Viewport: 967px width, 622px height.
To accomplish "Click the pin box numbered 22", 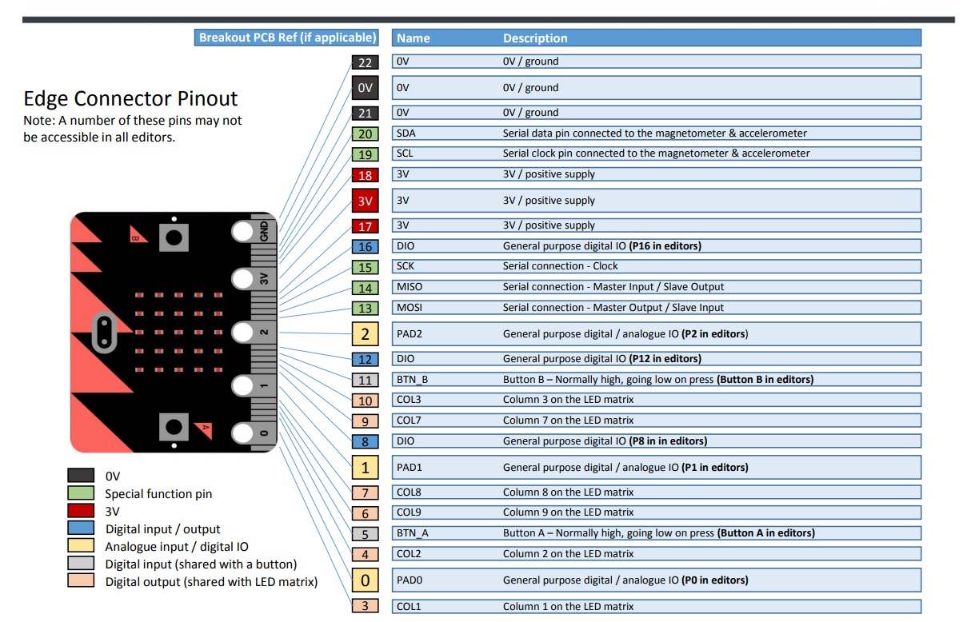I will [x=365, y=62].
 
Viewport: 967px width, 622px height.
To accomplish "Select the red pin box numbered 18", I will [x=365, y=175].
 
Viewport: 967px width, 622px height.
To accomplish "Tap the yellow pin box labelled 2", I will [x=365, y=334].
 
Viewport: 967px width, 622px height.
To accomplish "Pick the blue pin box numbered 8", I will [x=365, y=441].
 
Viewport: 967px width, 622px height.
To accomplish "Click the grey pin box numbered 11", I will [x=365, y=381].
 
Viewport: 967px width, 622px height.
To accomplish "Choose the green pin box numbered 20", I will [x=365, y=134].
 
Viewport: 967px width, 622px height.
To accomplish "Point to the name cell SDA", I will [x=406, y=134].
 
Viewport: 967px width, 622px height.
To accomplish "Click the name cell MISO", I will [x=409, y=287].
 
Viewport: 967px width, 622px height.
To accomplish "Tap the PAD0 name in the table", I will [x=410, y=580].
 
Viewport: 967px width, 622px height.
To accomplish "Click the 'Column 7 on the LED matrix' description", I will [x=568, y=421].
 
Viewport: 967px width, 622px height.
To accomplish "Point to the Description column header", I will [x=535, y=38].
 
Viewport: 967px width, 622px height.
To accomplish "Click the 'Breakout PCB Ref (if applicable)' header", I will [x=286, y=38].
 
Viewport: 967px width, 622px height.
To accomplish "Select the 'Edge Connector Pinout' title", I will [x=130, y=99].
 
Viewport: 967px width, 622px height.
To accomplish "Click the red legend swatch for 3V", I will [x=81, y=511].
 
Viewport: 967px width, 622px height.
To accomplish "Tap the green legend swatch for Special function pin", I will [x=81, y=493].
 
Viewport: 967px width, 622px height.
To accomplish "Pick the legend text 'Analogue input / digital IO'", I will [x=177, y=547].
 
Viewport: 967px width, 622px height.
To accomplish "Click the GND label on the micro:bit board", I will [x=265, y=232].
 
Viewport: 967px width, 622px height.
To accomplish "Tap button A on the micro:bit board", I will [x=174, y=426].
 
